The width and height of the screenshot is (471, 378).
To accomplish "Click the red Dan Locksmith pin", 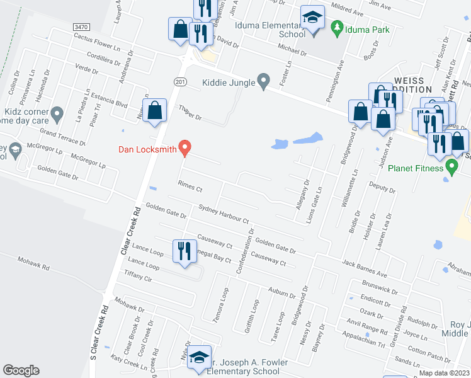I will pyautogui.click(x=184, y=147).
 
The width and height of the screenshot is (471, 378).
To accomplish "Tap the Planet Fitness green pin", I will pyautogui.click(x=451, y=167).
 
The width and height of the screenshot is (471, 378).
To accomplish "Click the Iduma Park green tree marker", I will pyautogui.click(x=337, y=28).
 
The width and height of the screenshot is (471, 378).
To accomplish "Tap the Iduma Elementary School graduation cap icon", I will pyautogui.click(x=312, y=18).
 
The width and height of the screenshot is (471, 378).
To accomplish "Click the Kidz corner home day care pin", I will pyautogui.click(x=57, y=115).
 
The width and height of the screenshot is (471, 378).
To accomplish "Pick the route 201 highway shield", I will pyautogui.click(x=181, y=83).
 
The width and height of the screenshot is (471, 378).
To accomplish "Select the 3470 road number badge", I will pyautogui.click(x=81, y=27).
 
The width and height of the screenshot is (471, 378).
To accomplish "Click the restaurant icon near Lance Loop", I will pyautogui.click(x=183, y=251).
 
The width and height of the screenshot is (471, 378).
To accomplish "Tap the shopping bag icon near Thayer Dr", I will pyautogui.click(x=154, y=111).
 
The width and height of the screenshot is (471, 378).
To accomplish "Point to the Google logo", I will pyautogui.click(x=21, y=370).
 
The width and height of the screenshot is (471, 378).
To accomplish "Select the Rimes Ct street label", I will pyautogui.click(x=190, y=188).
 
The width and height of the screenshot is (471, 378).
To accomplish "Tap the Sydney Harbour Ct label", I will pyautogui.click(x=224, y=214).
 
